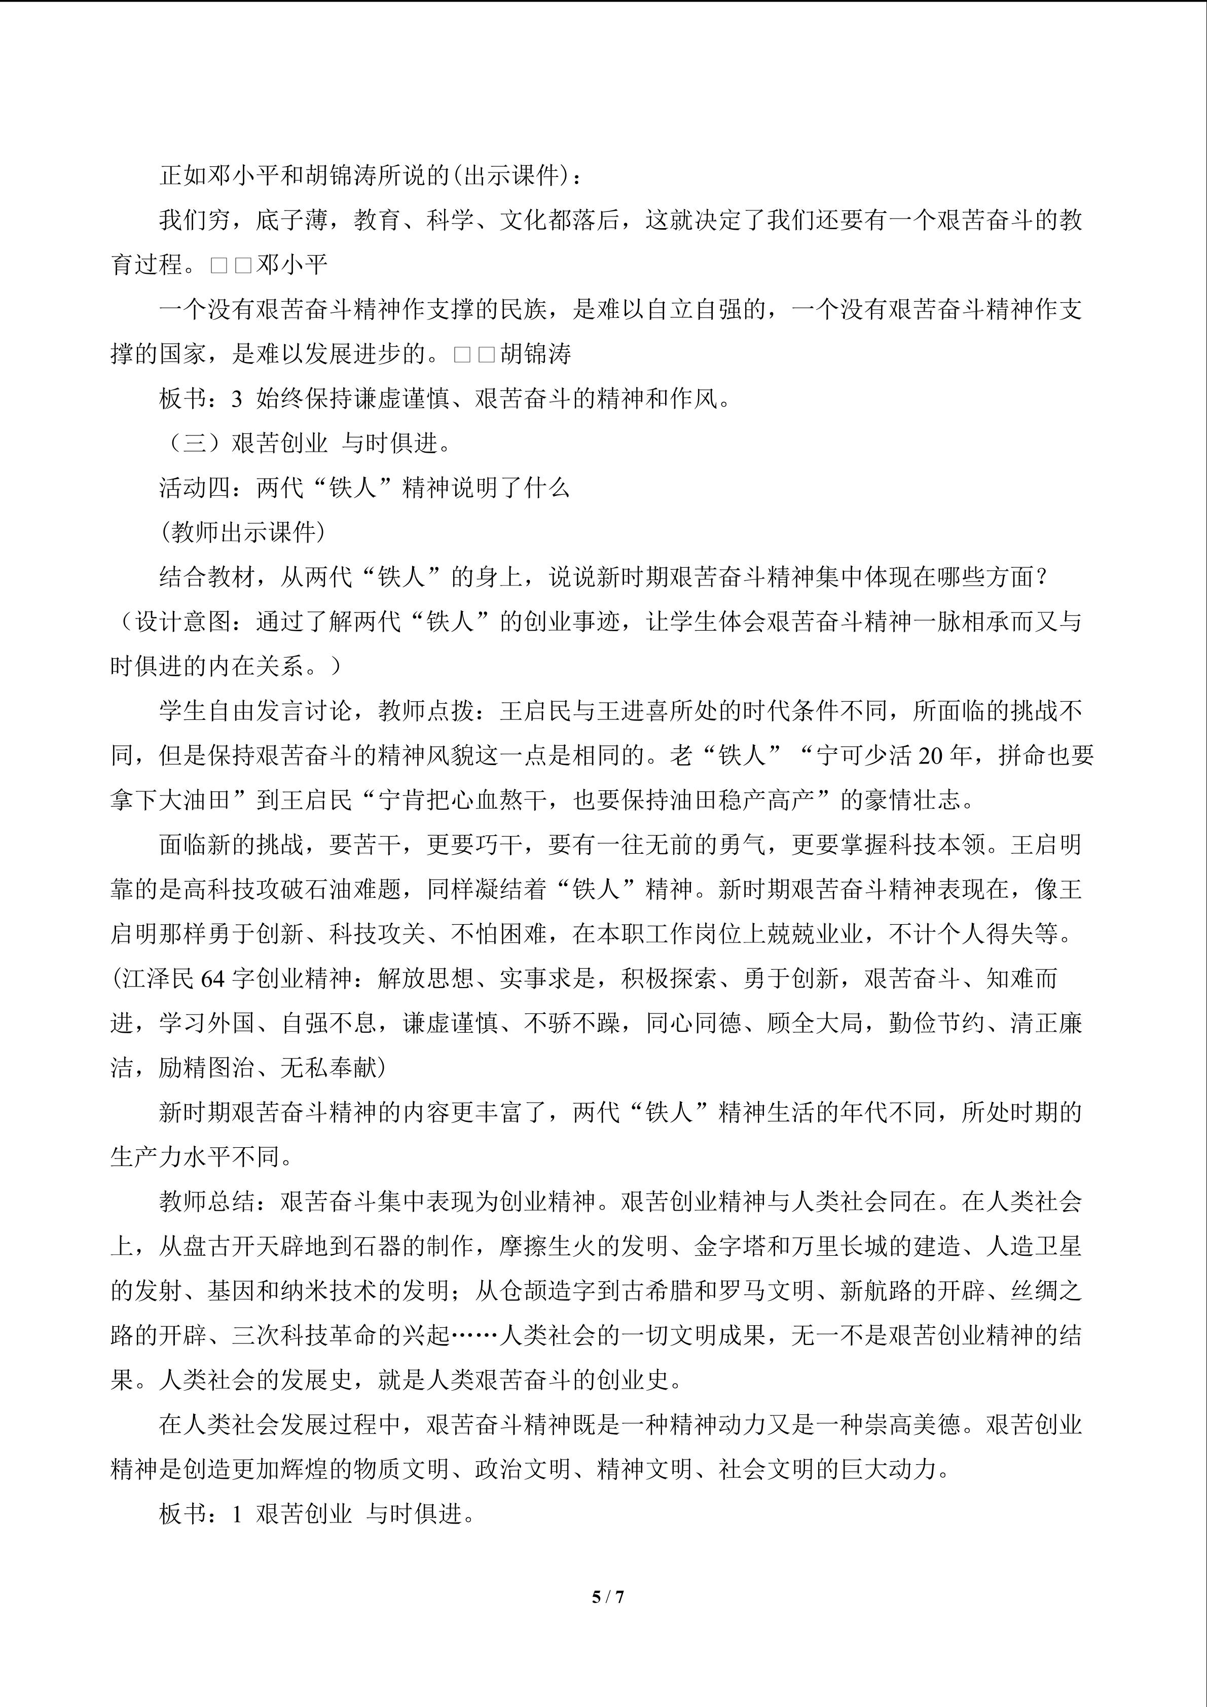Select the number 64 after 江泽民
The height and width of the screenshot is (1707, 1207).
coord(212,979)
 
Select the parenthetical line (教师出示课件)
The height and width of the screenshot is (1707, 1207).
coord(242,532)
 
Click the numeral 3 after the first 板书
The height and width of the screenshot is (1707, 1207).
coord(236,399)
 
